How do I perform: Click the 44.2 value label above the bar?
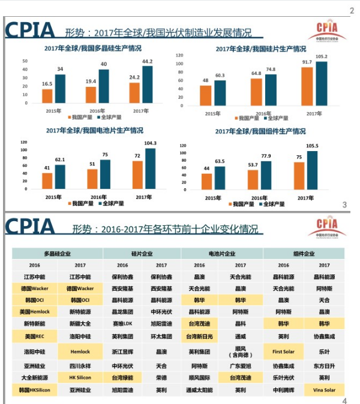coord(147,61)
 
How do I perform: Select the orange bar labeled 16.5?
coord(46,96)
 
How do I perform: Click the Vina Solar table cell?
coord(324,390)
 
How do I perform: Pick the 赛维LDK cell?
coord(122,324)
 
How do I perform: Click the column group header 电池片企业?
coord(221,254)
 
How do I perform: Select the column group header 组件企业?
coord(304,254)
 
